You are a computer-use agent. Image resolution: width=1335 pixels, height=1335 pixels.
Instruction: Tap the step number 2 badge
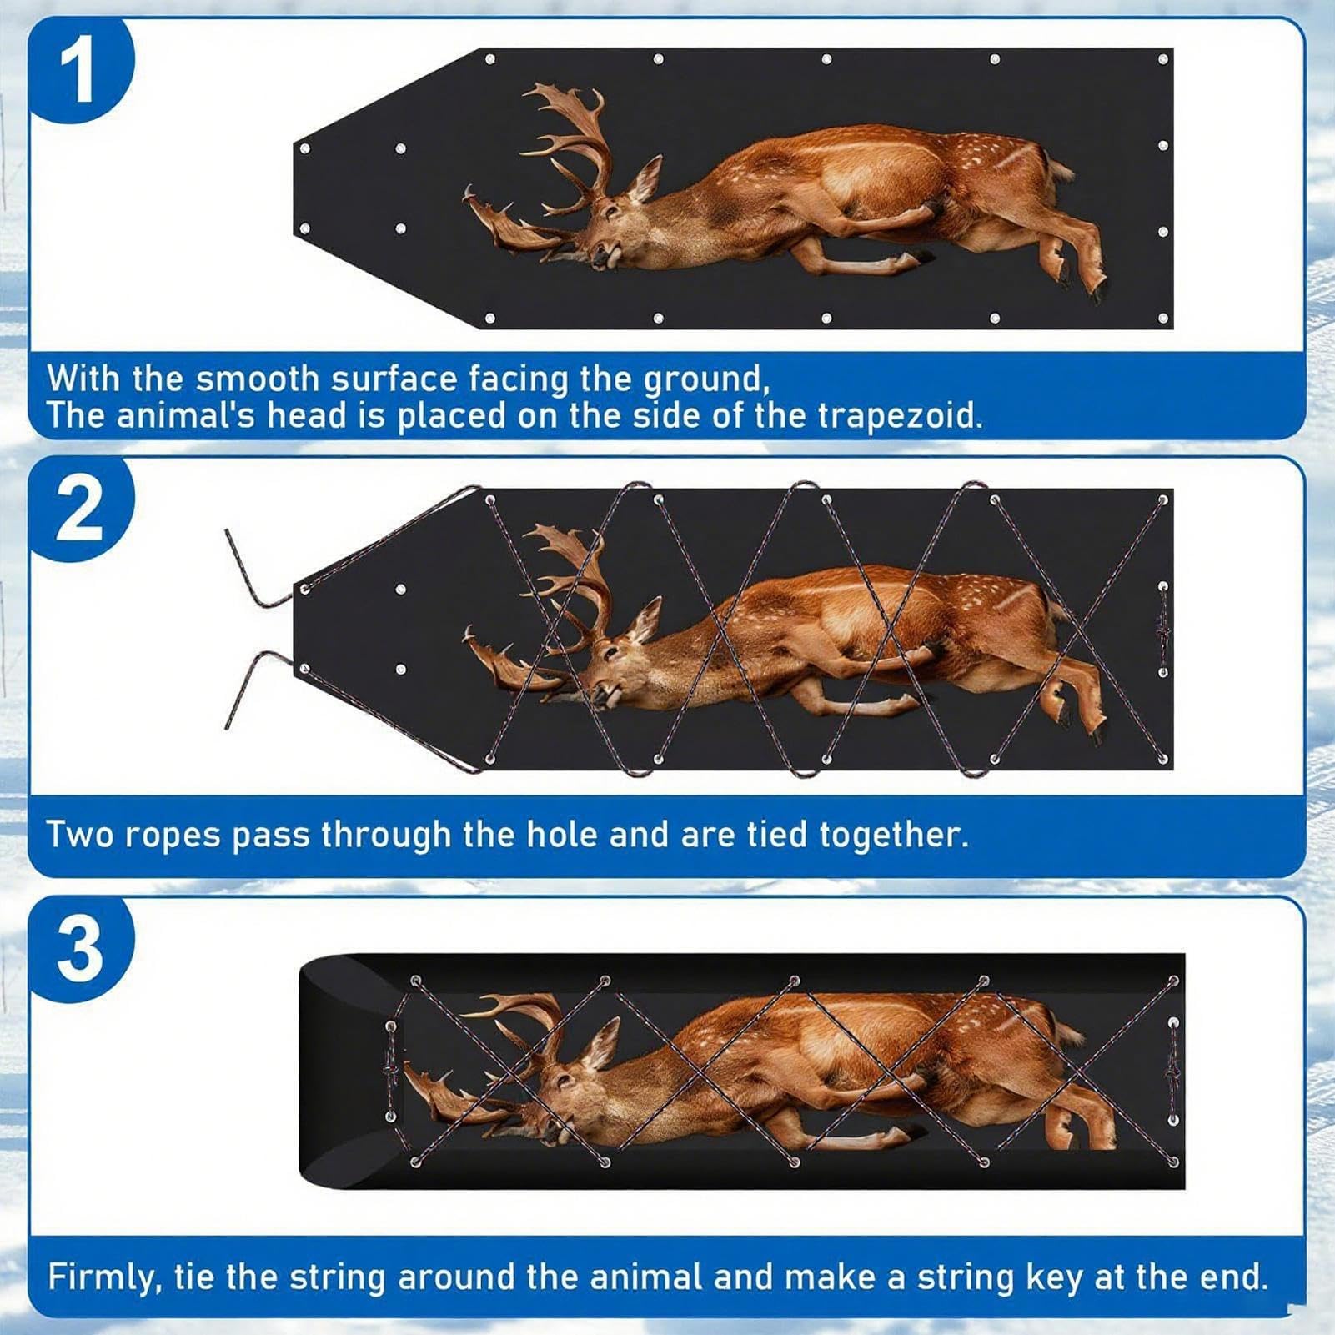click(81, 509)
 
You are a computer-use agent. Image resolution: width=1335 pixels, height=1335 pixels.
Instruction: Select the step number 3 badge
click(81, 950)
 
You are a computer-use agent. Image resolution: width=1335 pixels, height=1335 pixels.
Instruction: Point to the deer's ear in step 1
click(645, 179)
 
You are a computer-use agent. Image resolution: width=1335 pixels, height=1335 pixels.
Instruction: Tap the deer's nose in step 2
click(597, 690)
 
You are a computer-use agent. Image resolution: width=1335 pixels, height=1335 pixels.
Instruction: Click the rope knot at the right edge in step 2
click(1163, 629)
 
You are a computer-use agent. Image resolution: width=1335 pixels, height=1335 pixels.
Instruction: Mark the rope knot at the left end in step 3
click(391, 1071)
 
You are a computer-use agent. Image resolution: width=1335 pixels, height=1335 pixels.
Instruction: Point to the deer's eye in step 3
click(566, 1079)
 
